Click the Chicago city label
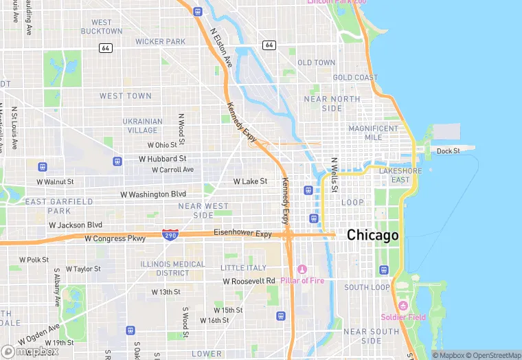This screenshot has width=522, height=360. point(372,235)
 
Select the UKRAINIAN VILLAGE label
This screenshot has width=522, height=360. point(143,126)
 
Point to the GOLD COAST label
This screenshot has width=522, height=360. point(355,78)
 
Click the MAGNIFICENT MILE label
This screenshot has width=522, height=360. point(374,133)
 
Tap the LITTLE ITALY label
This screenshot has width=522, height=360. point(243,267)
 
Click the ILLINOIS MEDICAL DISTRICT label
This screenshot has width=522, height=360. point(172,268)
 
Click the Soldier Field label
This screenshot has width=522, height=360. point(403,317)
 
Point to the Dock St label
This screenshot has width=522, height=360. point(448,151)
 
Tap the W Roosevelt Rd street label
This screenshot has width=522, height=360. point(249,281)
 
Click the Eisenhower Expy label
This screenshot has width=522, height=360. point(242,234)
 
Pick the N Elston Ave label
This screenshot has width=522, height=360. point(222,47)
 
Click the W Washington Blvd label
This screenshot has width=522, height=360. point(153,194)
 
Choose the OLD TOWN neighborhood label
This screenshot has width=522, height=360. point(317,63)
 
